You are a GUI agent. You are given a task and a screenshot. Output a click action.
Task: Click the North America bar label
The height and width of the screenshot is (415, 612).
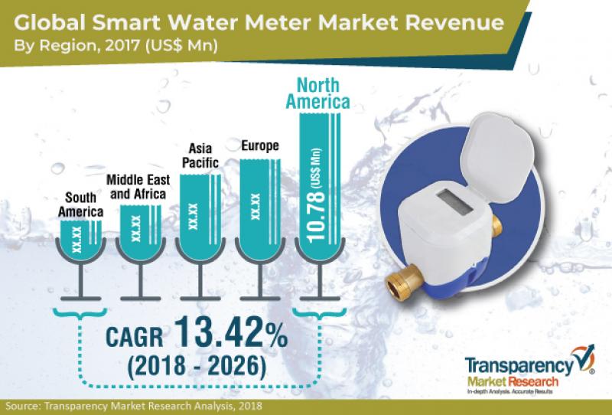[317, 93]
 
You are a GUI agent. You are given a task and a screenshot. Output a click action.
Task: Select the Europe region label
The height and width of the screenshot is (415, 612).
[260, 145]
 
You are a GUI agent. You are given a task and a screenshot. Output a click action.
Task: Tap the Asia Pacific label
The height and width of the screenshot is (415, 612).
[200, 155]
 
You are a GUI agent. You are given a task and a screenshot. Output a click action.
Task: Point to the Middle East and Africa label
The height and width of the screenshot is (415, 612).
[138, 187]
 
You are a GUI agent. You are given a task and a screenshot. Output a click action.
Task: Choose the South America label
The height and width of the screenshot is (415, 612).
[80, 204]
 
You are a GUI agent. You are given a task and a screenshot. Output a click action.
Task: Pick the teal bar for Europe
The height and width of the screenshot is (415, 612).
[260, 209]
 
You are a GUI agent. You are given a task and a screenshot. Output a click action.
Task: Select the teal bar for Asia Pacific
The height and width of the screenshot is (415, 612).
[200, 217]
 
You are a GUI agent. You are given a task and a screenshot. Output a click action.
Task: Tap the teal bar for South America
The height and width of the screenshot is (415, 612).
[81, 240]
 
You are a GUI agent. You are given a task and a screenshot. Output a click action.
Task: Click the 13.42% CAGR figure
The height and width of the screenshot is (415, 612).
[231, 332]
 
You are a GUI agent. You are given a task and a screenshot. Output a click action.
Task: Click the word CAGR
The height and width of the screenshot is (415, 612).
[135, 337]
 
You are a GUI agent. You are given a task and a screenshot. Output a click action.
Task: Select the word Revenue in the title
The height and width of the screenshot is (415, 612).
[454, 23]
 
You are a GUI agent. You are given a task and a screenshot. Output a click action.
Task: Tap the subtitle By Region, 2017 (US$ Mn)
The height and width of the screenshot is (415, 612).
[116, 45]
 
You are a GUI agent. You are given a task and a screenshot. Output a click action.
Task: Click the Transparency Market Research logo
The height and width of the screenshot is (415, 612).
[529, 370]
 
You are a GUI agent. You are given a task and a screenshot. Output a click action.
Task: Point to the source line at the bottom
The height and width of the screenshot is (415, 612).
[134, 407]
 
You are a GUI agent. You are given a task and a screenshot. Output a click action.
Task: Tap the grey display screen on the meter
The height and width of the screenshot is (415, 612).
[454, 202]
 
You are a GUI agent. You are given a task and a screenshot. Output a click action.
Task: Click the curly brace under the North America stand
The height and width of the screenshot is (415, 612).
[320, 314]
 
